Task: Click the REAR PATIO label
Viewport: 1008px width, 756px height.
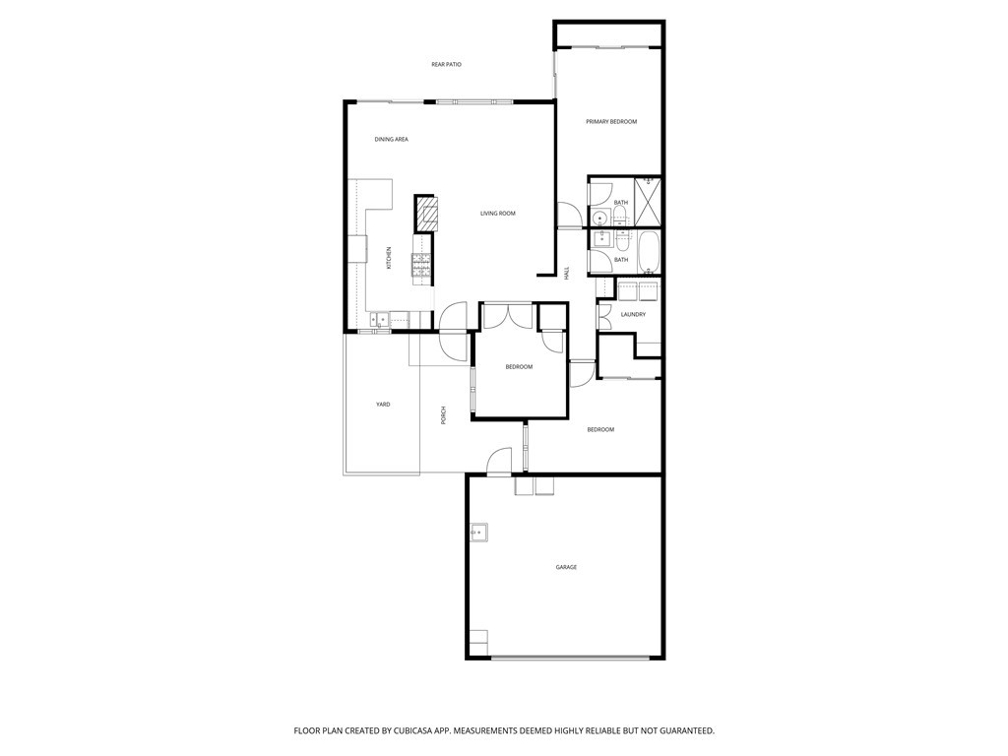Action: (446, 65)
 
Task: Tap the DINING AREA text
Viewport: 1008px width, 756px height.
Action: (391, 140)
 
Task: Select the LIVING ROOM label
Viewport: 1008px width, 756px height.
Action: (497, 214)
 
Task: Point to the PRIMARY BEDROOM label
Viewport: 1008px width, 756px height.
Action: (610, 122)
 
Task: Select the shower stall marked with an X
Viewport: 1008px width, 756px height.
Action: (648, 202)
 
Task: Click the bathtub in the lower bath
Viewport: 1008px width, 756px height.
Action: (648, 252)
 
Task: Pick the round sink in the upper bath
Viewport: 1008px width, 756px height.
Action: (599, 219)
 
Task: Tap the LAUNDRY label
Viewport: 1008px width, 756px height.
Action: (633, 315)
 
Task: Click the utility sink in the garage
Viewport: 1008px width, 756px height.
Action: (478, 533)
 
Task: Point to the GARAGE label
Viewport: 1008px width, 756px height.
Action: (566, 568)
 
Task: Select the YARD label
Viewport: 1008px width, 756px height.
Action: (383, 405)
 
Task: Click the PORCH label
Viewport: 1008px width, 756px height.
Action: (444, 415)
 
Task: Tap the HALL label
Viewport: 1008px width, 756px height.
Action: (567, 273)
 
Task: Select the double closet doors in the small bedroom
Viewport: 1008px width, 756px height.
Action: (508, 317)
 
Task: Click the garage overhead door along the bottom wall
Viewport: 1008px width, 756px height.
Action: (577, 657)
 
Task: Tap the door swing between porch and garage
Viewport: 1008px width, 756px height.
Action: (500, 460)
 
